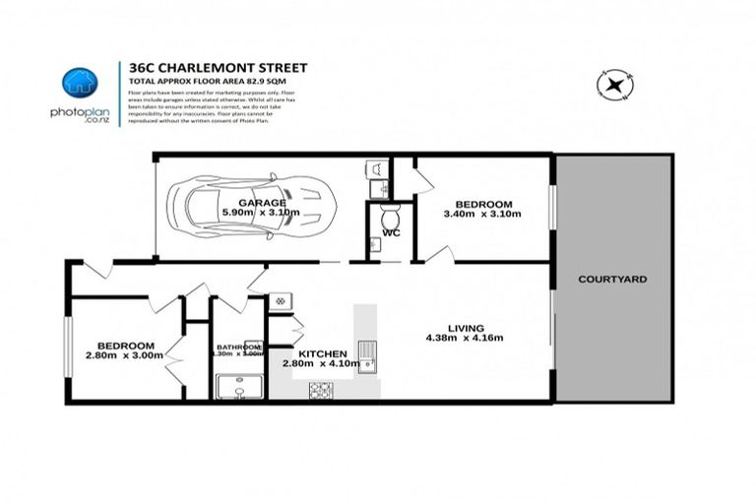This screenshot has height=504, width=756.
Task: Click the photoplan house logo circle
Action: [78, 83]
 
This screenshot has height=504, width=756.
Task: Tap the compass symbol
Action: [616, 85]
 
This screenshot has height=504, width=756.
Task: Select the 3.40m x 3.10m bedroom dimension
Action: [481, 214]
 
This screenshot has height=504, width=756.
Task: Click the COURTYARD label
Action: [612, 280]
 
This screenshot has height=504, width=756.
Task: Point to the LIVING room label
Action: [462, 330]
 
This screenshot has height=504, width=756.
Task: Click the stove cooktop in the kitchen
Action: [321, 390]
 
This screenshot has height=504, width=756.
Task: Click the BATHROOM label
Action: [238, 346]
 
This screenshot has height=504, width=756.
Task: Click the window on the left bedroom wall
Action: [68, 346]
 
